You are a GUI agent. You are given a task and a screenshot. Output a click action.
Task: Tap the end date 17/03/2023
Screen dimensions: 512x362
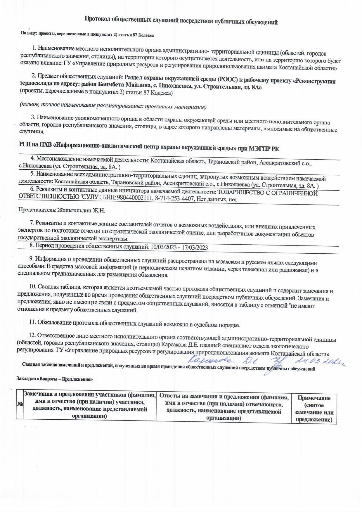click(195, 248)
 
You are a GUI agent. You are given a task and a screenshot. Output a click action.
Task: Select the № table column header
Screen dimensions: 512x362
click(20, 404)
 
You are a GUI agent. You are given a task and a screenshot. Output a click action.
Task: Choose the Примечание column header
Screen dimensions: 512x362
click(314, 398)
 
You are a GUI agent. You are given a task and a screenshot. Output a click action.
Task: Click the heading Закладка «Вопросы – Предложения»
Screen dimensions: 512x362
click(55, 379)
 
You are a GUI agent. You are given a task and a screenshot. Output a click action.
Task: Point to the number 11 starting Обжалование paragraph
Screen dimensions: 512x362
click(32, 322)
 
